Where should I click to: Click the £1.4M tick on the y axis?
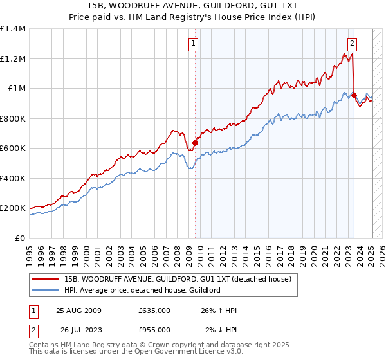pyautogui.click(x=13, y=29)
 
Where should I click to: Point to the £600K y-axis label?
pyautogui.click(x=13, y=148)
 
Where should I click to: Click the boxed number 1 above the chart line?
pyautogui.click(x=194, y=44)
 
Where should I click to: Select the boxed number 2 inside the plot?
pyautogui.click(x=353, y=44)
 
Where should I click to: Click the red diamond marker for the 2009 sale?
pyautogui.click(x=195, y=143)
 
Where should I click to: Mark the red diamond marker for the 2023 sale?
pyautogui.click(x=354, y=95)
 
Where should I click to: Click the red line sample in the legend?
pyautogui.click(x=46, y=279)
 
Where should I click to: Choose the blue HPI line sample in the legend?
pyautogui.click(x=46, y=290)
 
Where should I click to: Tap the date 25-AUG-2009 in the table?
pyautogui.click(x=78, y=310)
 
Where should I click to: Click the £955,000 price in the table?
pyautogui.click(x=154, y=330)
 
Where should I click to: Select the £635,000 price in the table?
pyautogui.click(x=154, y=310)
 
